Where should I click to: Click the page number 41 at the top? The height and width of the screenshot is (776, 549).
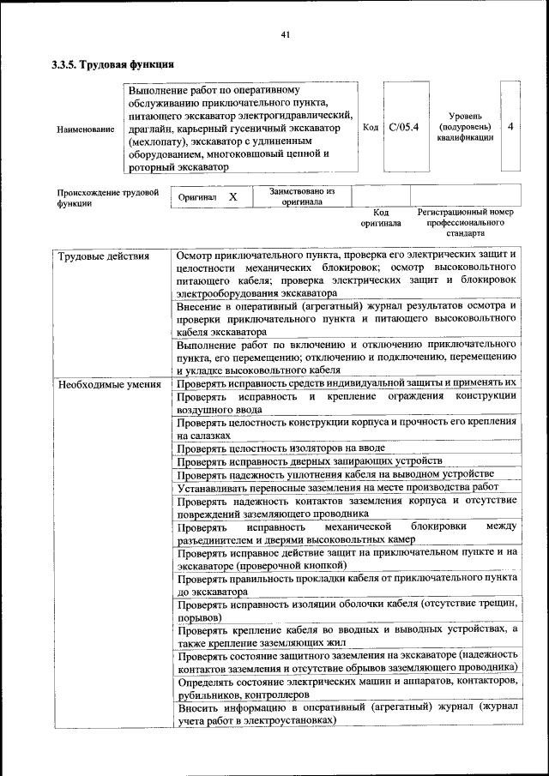point(286,35)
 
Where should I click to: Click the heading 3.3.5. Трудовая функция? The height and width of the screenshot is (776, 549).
point(112,64)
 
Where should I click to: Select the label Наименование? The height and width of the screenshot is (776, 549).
point(84,129)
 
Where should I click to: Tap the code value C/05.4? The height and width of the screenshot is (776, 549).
point(403,127)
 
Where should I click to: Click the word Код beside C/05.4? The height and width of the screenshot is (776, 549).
point(371,127)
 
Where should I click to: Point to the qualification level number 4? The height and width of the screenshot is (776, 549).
point(510,126)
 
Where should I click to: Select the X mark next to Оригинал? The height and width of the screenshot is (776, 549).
point(232,197)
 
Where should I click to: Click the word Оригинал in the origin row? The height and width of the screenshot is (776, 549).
point(197,197)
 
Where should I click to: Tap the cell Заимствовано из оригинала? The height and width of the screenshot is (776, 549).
point(302,197)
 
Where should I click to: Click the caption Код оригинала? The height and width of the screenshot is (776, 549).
point(380,217)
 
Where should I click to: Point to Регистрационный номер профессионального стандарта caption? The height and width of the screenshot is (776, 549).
point(465,221)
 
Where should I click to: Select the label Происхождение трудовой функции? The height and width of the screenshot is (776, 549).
point(108,198)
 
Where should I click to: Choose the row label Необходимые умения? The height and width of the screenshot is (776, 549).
point(110,383)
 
